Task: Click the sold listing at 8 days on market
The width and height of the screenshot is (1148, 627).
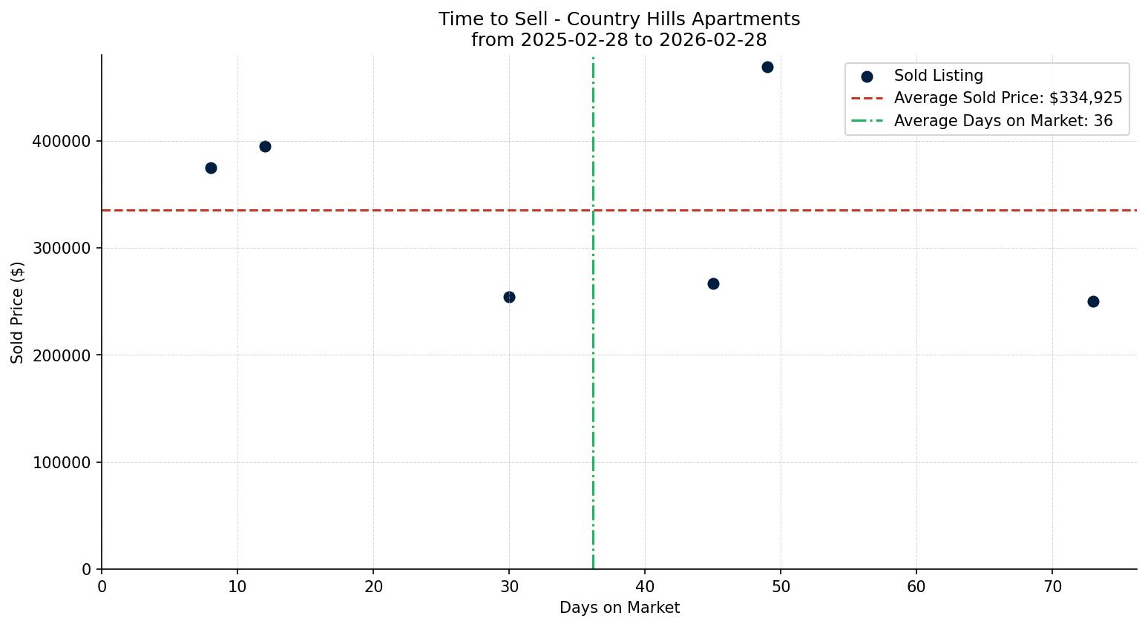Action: (x=211, y=168)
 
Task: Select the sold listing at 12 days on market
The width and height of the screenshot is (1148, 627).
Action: (x=265, y=146)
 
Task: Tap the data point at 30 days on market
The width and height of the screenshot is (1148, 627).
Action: (x=509, y=297)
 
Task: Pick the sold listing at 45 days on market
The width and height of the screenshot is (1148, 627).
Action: (x=713, y=283)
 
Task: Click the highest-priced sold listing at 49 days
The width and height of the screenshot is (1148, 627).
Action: (x=767, y=67)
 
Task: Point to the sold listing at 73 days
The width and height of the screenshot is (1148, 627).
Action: (x=1093, y=301)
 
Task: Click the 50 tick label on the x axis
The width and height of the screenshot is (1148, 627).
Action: (x=781, y=587)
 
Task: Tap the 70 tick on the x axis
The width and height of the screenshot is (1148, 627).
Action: (x=1052, y=587)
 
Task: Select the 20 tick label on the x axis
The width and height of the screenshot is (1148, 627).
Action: (x=373, y=587)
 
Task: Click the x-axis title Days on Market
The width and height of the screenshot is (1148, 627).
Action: (x=619, y=608)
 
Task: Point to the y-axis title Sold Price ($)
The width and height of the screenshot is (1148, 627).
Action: (x=18, y=312)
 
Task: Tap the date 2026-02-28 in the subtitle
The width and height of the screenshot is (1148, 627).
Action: (x=712, y=40)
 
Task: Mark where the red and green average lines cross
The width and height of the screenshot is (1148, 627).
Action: (x=593, y=210)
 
